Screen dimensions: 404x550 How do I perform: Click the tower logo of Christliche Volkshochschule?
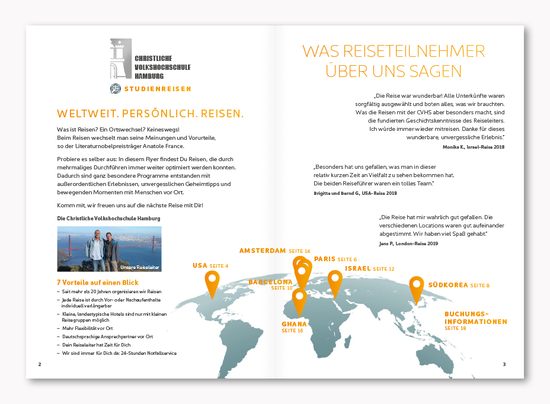(120, 59)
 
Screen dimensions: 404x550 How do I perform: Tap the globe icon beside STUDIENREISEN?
(116, 89)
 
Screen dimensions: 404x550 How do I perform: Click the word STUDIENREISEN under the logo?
(158, 89)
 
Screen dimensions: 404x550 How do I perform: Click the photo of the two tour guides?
(109, 249)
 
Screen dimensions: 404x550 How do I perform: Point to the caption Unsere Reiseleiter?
(140, 267)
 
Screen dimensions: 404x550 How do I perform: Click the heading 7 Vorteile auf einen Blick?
(97, 283)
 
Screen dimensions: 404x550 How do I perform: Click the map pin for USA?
(212, 283)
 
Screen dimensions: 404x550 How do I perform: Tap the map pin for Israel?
(335, 281)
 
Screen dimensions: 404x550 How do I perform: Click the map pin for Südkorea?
(417, 288)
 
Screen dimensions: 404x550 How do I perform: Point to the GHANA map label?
(294, 324)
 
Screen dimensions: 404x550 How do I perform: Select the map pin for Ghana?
(299, 300)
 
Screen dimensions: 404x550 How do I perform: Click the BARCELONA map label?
(270, 282)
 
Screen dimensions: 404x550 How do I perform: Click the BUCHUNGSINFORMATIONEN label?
(476, 318)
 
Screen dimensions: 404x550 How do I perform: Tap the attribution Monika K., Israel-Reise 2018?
(473, 146)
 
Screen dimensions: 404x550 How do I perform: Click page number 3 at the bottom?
(504, 364)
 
